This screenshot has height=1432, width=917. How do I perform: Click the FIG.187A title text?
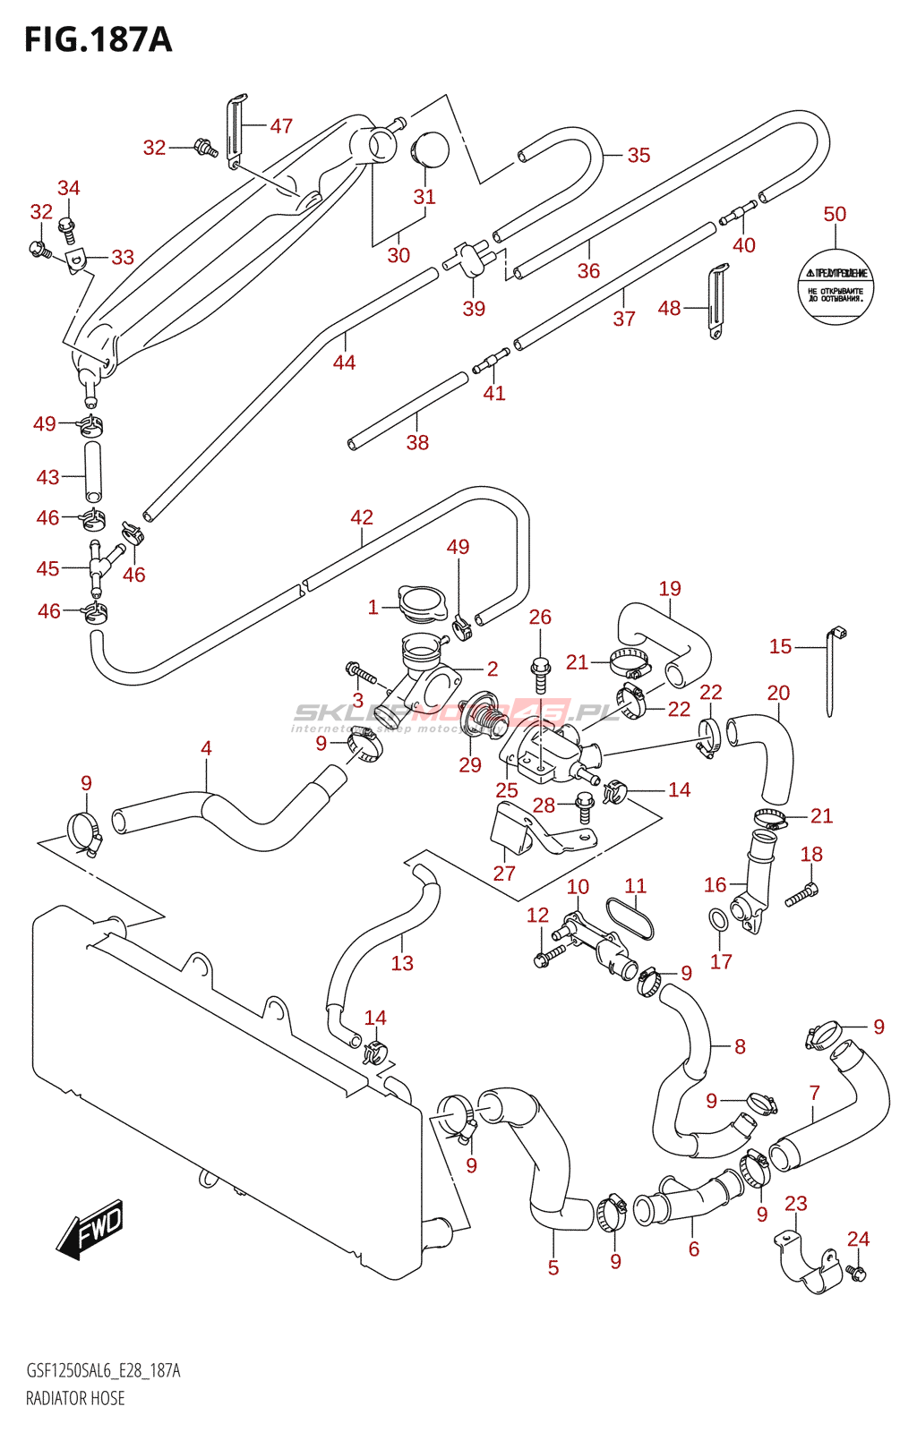click(x=98, y=39)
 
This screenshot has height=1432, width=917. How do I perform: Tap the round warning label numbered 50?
click(x=835, y=287)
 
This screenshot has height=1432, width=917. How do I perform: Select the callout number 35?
click(x=638, y=155)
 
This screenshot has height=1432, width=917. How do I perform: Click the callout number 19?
click(x=670, y=588)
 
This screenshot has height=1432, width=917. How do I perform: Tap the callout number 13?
click(x=402, y=963)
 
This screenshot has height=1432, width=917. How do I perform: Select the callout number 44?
click(x=344, y=362)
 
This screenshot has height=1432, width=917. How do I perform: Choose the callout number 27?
click(x=504, y=874)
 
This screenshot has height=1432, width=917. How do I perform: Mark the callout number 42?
click(x=362, y=517)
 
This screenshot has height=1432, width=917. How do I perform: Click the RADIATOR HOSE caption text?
click(x=75, y=1398)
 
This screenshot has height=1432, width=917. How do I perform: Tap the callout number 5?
click(x=553, y=1267)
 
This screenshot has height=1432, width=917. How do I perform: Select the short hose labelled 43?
click(x=93, y=472)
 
